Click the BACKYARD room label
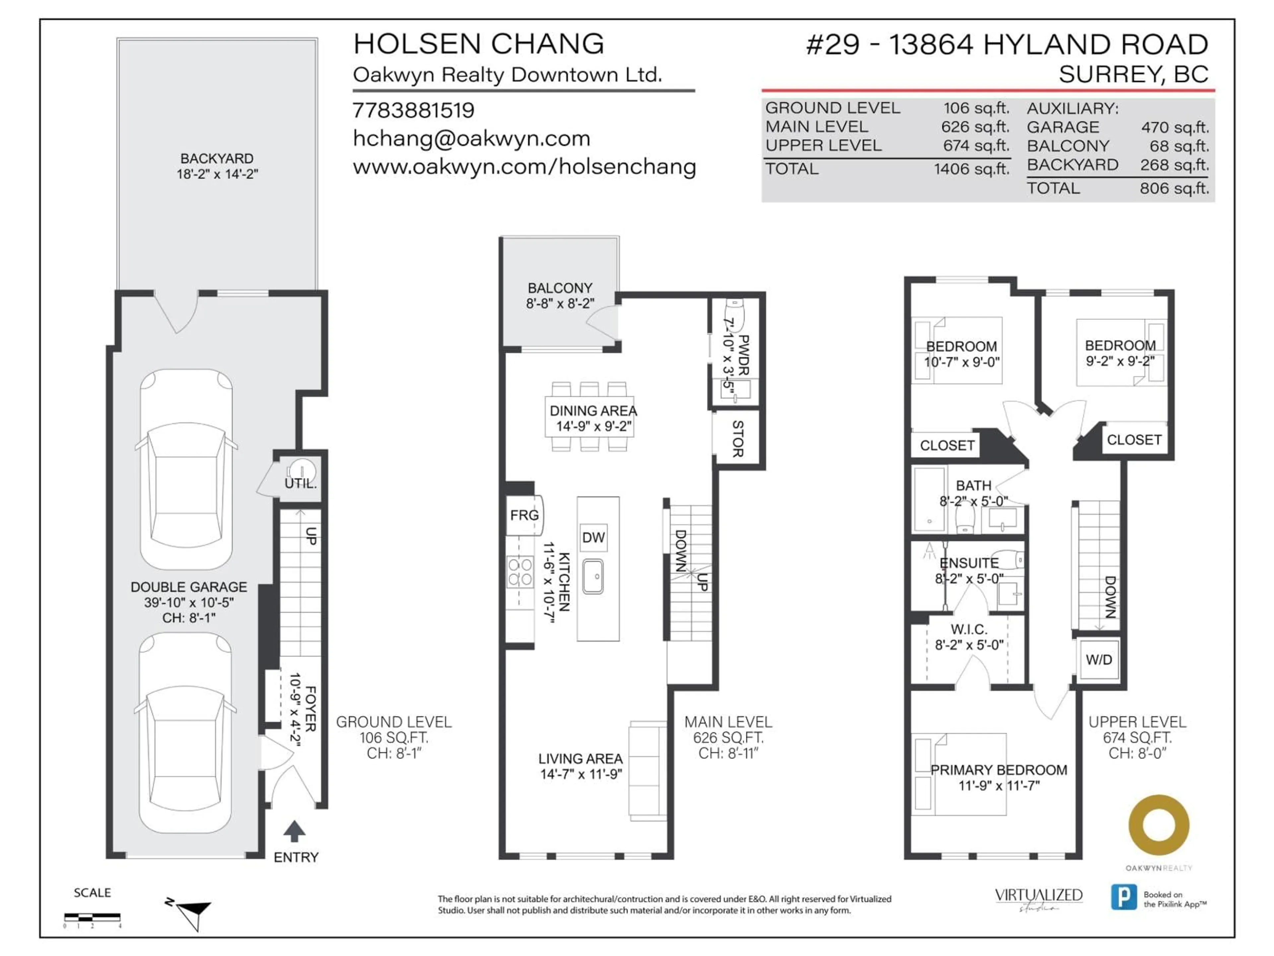(x=217, y=158)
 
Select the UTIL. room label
(x=300, y=483)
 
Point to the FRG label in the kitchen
(x=524, y=515)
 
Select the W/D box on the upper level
(x=1098, y=660)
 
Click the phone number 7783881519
(x=413, y=110)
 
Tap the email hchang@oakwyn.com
(x=471, y=138)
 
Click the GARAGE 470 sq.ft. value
(x=1174, y=127)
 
